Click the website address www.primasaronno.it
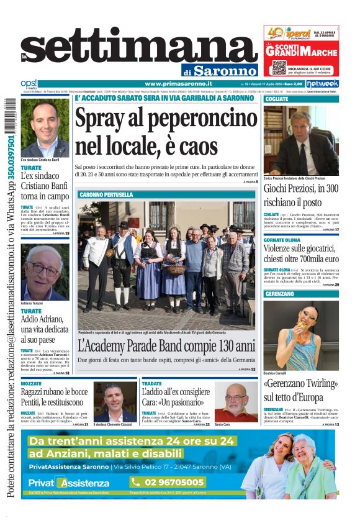click(178, 84)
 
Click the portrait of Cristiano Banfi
click(45, 129)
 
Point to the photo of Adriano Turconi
click(45, 272)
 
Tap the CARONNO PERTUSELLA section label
click(106, 194)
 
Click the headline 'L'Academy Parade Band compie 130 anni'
click(166, 345)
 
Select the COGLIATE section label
click(276, 99)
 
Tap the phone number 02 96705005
click(167, 482)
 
